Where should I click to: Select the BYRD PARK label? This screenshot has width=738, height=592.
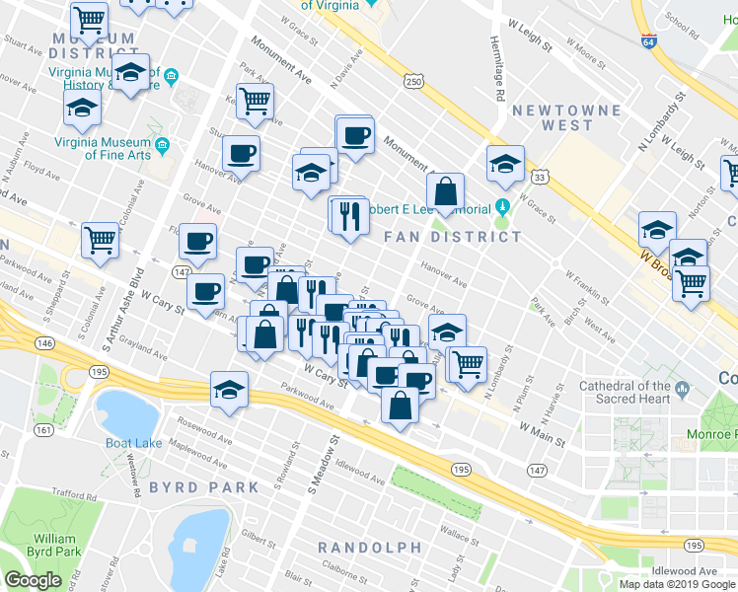[204, 487]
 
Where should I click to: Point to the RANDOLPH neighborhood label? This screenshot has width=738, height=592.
[369, 548]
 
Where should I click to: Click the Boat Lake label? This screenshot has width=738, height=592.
[134, 443]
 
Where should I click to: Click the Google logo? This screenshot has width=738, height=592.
[33, 580]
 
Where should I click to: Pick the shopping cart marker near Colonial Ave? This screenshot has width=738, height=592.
[100, 240]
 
